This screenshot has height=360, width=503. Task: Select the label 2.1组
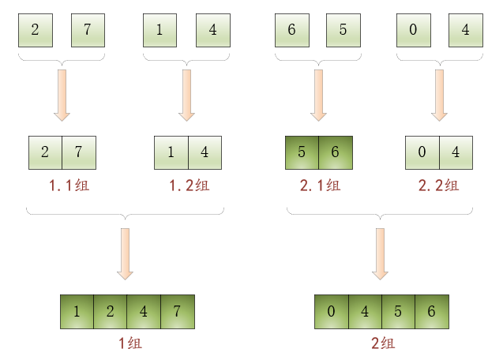tap(319, 186)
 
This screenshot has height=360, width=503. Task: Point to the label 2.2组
tap(438, 186)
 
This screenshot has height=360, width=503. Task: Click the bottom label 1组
tap(127, 343)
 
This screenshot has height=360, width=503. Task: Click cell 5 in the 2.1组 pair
tap(302, 152)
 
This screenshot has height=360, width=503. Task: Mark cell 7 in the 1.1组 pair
tap(78, 152)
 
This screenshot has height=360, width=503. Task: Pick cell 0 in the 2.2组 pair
tap(422, 152)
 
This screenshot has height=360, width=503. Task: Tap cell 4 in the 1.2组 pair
tap(205, 152)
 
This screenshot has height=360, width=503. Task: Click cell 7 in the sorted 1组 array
tap(177, 311)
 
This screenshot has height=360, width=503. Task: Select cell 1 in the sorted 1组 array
tap(77, 311)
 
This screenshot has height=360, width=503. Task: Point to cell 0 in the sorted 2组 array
tap(331, 311)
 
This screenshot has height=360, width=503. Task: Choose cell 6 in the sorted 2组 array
tap(431, 311)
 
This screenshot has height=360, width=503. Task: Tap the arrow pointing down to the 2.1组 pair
tap(318, 95)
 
